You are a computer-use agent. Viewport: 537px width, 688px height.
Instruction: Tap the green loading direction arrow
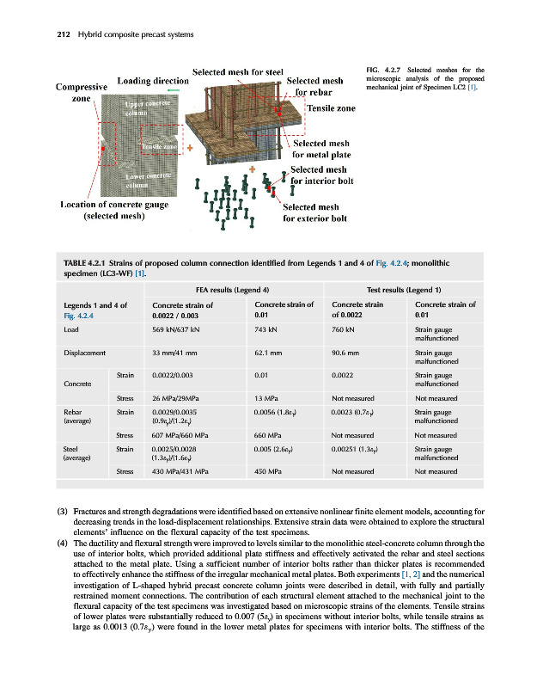click(x=174, y=89)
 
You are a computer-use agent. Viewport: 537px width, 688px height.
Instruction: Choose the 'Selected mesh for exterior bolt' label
click(x=314, y=212)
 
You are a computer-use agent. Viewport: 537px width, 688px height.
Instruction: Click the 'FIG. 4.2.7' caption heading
click(x=381, y=69)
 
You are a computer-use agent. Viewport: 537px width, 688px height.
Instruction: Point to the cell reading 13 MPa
click(x=268, y=398)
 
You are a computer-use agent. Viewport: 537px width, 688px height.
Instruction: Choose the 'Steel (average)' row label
click(x=76, y=452)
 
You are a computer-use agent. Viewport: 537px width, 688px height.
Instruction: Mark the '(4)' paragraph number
click(x=62, y=544)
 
